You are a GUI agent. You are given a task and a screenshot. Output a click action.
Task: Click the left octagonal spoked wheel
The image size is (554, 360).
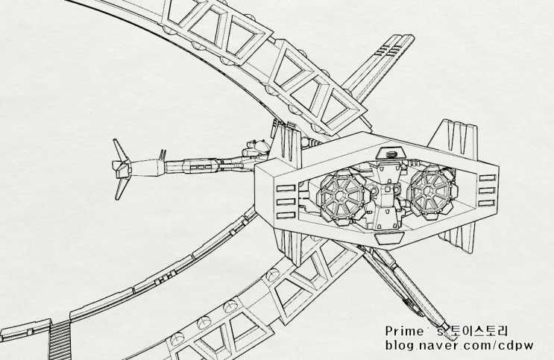(341, 196)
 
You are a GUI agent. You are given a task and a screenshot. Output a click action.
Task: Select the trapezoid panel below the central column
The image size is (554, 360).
(388, 238)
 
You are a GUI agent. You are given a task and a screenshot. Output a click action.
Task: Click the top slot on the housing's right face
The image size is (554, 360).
(488, 178)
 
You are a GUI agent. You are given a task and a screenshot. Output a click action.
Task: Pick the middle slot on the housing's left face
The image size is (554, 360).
(286, 202)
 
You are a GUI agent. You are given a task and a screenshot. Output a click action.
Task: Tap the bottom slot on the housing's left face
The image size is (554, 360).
(286, 215)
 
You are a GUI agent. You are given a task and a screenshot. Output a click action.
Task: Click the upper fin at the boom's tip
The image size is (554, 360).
(120, 150)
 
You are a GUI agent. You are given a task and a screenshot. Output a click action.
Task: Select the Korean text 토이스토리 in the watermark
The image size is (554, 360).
(477, 331)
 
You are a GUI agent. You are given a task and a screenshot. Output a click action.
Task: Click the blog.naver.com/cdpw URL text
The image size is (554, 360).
(459, 345)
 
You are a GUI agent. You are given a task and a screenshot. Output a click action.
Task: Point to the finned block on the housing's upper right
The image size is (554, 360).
(454, 136)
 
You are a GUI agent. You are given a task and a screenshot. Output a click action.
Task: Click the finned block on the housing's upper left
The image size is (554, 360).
(286, 142)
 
